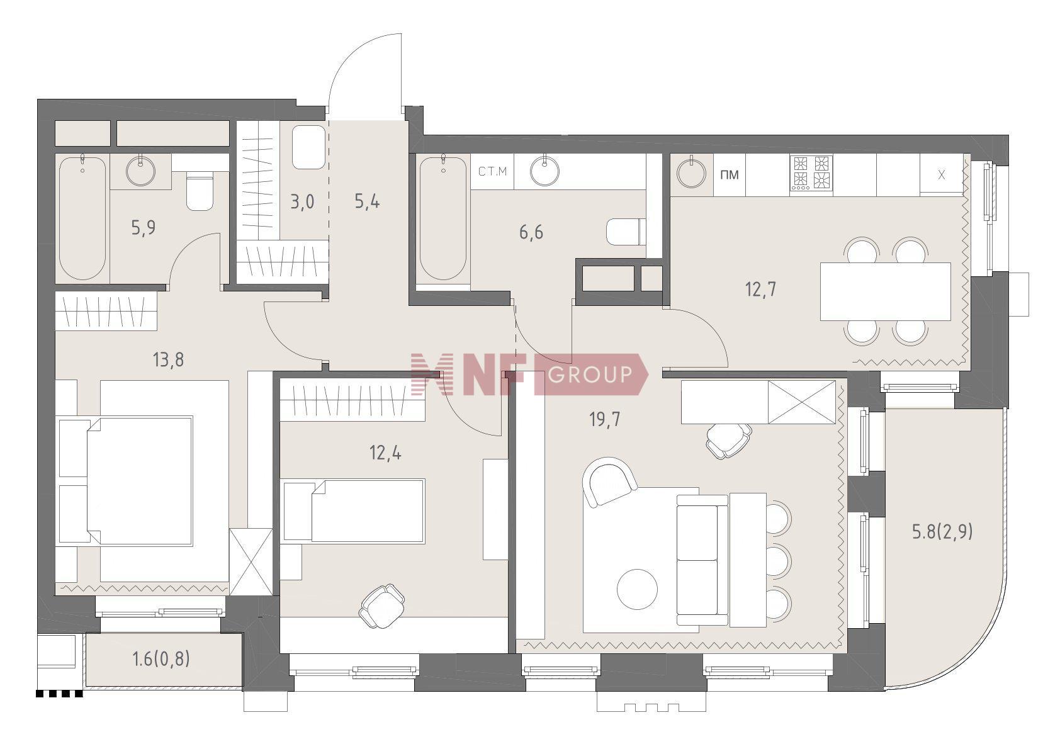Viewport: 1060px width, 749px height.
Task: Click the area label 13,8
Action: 169,360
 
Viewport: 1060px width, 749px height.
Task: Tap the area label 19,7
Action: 604,419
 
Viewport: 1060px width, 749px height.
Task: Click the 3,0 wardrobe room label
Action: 302,202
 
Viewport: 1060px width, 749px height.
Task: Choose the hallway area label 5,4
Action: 367,202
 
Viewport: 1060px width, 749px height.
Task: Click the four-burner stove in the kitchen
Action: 811,173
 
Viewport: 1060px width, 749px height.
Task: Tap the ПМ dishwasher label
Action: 730,174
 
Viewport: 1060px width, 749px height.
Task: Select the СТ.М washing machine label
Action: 492,171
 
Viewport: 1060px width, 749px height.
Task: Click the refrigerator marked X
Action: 941,174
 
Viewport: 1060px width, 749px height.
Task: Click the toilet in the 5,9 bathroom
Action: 200,191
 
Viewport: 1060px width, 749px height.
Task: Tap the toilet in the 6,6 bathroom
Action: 626,232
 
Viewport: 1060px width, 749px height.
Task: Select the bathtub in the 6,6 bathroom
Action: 443,218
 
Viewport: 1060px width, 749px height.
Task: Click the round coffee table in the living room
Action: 638,589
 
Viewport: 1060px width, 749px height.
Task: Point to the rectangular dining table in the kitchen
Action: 886,291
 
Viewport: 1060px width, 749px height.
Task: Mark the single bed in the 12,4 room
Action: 354,510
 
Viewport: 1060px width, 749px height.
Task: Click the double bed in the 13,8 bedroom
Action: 127,481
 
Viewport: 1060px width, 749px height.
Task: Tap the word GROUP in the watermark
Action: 590,374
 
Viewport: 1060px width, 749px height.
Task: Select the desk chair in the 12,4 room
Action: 382,605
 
